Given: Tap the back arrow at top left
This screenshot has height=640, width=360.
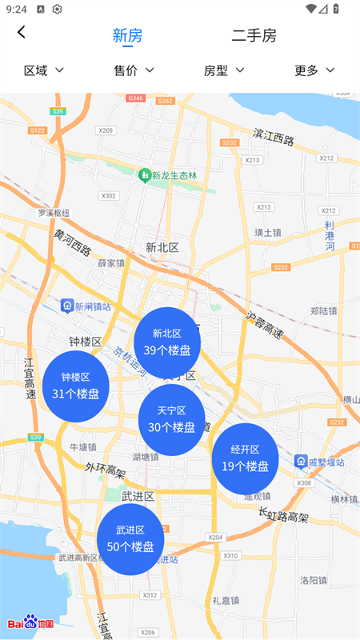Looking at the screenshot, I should [22, 32].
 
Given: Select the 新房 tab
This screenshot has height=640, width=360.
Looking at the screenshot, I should [127, 35].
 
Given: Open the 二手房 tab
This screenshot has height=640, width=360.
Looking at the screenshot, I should [254, 35].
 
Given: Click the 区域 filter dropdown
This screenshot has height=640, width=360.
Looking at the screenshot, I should [44, 70].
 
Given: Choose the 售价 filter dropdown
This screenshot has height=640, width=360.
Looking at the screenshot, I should [134, 70].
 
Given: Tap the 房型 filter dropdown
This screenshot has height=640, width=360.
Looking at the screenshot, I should [224, 70].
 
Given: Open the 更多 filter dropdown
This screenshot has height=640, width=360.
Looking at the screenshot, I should [314, 70].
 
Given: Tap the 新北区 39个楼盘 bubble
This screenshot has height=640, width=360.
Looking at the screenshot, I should [167, 342].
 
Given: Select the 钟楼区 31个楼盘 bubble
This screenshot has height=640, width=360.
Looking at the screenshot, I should [75, 385].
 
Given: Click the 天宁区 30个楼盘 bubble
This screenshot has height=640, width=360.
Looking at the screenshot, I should [171, 419].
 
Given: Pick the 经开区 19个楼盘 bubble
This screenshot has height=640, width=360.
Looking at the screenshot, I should [245, 458].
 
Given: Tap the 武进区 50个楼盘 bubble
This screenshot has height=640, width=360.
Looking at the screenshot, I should [130, 538].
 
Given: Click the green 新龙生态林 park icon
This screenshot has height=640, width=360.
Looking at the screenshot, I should [145, 174].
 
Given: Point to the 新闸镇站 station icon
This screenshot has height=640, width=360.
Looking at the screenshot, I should [68, 306].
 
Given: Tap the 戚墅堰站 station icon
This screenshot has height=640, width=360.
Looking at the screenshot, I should [301, 462].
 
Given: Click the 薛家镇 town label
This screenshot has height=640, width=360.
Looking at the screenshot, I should [111, 262].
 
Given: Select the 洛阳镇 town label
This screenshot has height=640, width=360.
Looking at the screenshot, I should [314, 579].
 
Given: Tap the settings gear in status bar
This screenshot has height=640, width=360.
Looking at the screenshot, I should [58, 9].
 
